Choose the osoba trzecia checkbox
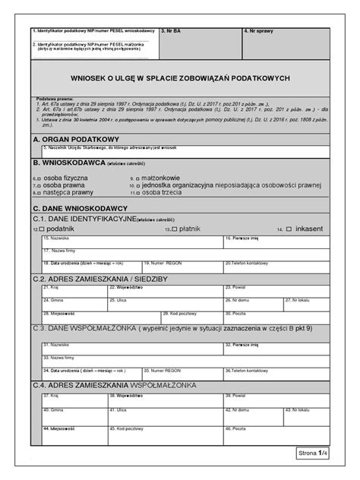139,192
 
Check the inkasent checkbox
291,228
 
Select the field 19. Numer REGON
182,267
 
